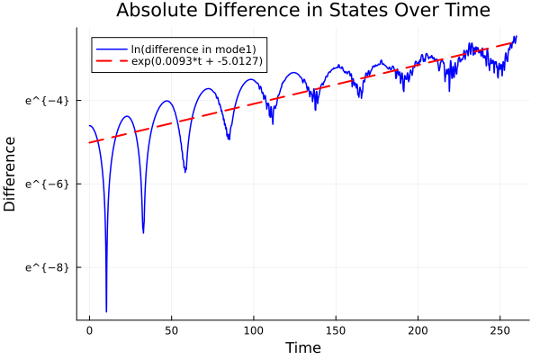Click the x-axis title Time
pyautogui.click(x=302, y=347)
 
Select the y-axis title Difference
pyautogui.click(x=11, y=174)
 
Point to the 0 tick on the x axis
pyautogui.click(x=89, y=331)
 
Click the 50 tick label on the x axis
pyautogui.click(x=171, y=331)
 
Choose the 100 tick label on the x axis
pyautogui.click(x=253, y=331)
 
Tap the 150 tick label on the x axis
pyautogui.click(x=336, y=331)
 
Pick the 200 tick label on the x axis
pyautogui.click(x=418, y=331)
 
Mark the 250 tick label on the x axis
pyautogui.click(x=499, y=331)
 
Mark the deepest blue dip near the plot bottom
pyautogui.click(x=106, y=310)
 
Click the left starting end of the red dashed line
pyautogui.click(x=90, y=142)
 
